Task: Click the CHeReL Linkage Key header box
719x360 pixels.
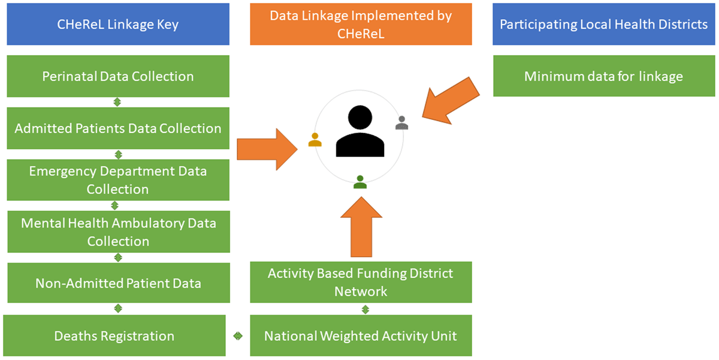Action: pos(118,25)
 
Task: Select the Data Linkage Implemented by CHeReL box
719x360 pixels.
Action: pos(361,25)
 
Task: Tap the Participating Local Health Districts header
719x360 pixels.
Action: pos(604,25)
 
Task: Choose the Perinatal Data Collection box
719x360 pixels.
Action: pos(118,76)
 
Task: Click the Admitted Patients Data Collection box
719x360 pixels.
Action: pos(118,128)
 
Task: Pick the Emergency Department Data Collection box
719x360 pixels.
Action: pos(118,180)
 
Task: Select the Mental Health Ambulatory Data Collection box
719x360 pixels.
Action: pos(118,232)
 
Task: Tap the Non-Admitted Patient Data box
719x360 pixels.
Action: pos(118,283)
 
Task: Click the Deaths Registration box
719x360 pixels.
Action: pos(114,335)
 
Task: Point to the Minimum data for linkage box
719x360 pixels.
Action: pos(604,76)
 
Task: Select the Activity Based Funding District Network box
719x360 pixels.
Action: pos(361,282)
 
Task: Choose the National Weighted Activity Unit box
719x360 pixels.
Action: pos(361,335)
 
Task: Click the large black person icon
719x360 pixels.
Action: pos(360,132)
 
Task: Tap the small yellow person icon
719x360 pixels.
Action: pos(315,140)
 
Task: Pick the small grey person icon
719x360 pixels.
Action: pos(402,123)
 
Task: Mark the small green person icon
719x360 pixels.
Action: pos(360,181)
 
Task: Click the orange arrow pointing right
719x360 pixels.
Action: pos(267,149)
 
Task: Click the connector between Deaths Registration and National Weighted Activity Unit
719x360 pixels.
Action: pos(238,336)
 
